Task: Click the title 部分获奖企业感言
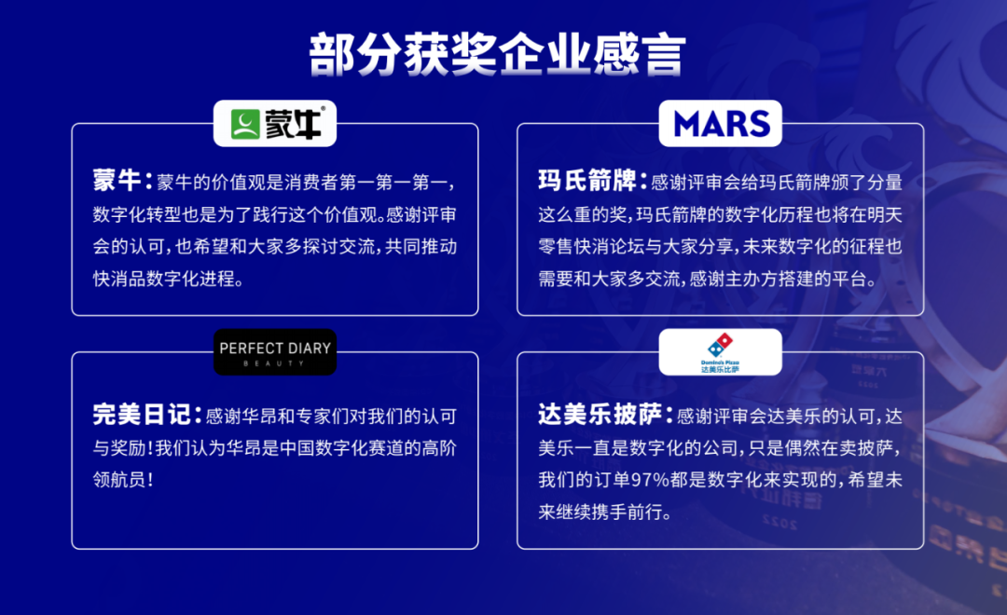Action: (x=498, y=55)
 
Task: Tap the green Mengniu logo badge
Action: (x=275, y=124)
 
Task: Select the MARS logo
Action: (x=721, y=124)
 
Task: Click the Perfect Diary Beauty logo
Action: (x=275, y=351)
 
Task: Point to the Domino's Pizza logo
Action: (x=721, y=351)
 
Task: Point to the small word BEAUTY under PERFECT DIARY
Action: (x=275, y=363)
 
